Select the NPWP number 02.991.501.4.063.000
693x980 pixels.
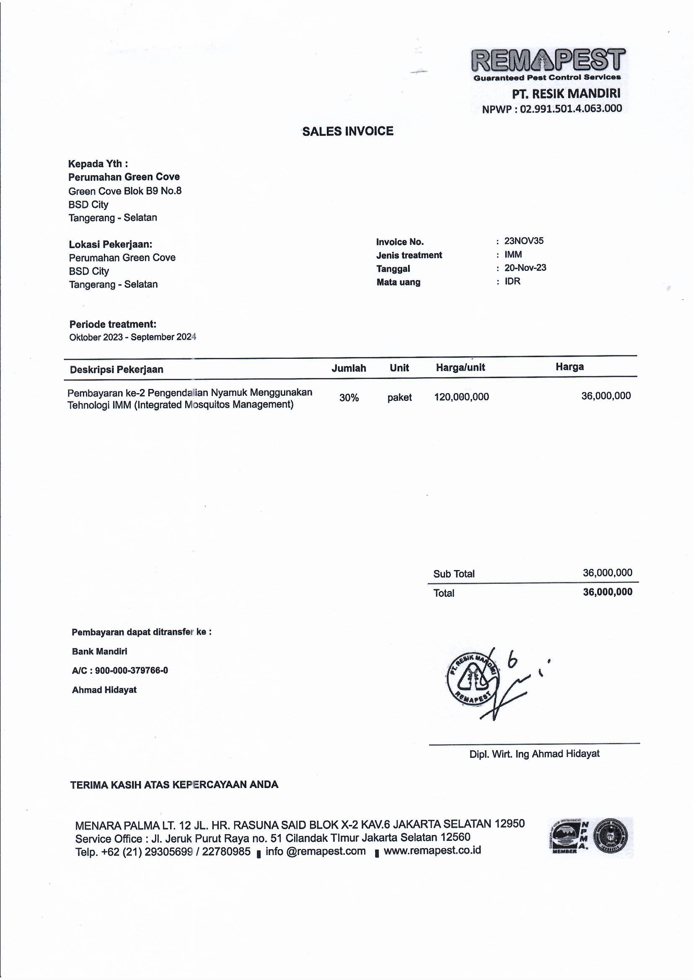(571, 109)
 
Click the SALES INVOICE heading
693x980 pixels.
(348, 132)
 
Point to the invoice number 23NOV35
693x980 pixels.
(524, 241)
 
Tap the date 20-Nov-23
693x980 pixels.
(525, 267)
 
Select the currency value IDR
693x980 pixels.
(512, 281)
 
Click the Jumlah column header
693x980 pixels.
(349, 368)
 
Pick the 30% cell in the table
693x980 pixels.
(349, 398)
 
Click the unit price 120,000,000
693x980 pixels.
(461, 397)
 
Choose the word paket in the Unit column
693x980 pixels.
(399, 397)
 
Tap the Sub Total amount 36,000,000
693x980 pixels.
(607, 573)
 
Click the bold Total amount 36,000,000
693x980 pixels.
(607, 592)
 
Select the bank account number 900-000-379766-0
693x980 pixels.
(132, 671)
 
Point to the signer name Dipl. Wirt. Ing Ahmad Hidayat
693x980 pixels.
(534, 754)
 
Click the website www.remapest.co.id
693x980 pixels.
(432, 850)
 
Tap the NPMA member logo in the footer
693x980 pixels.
(569, 837)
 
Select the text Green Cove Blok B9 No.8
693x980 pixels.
(124, 191)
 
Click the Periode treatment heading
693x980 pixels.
(113, 324)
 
